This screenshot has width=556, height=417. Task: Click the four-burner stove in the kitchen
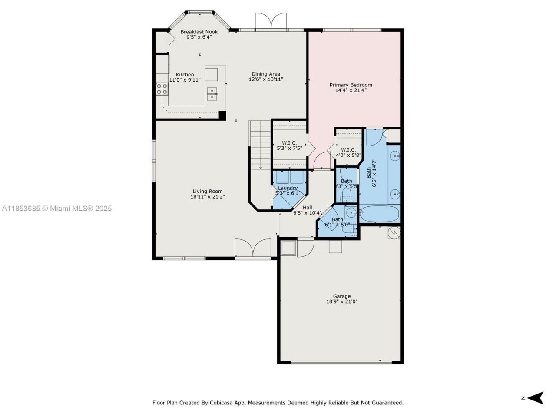pyautogui.click(x=162, y=89)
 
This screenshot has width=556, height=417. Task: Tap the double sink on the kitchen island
pyautogui.click(x=212, y=93)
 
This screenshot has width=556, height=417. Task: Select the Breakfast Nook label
pyautogui.click(x=199, y=32)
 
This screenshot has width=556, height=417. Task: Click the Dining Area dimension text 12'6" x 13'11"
pyautogui.click(x=266, y=79)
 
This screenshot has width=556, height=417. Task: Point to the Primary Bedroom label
pyautogui.click(x=351, y=85)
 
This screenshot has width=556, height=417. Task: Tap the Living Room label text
pyautogui.click(x=208, y=191)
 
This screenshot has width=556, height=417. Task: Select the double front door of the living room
pyautogui.click(x=253, y=248)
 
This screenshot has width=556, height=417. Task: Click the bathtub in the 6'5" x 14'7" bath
pyautogui.click(x=379, y=214)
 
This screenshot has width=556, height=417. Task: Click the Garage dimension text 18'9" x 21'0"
pyautogui.click(x=342, y=301)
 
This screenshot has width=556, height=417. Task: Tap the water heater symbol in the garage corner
pyautogui.click(x=394, y=233)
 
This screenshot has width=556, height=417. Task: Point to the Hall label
pyautogui.click(x=307, y=208)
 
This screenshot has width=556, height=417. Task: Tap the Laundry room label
pyautogui.click(x=288, y=188)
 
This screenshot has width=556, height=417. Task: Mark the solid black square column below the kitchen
pyautogui.click(x=222, y=116)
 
